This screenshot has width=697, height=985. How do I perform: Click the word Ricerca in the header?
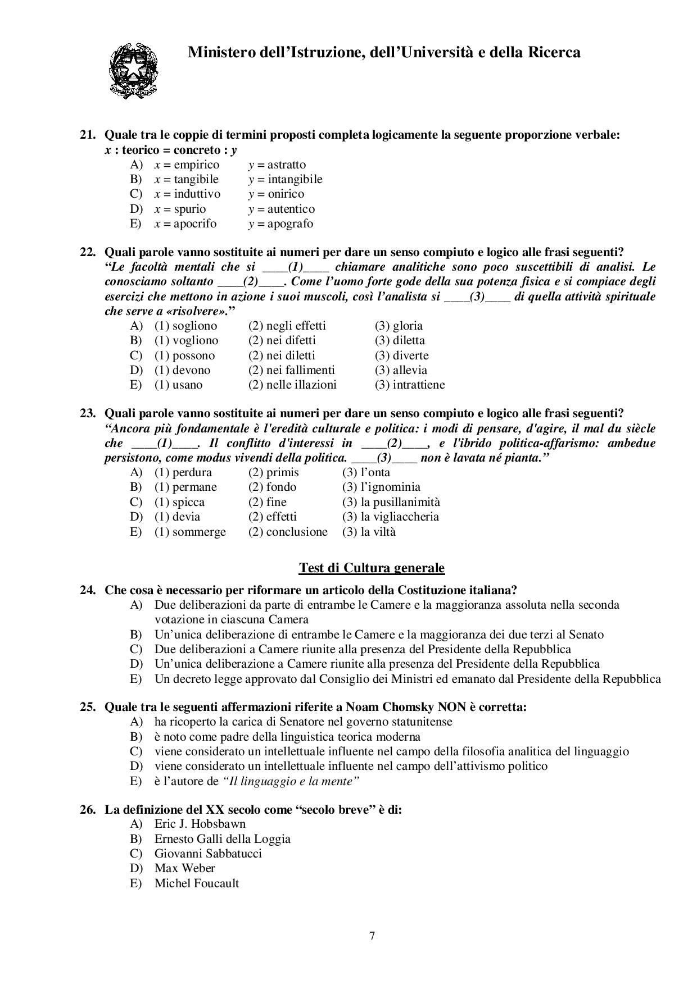point(554,53)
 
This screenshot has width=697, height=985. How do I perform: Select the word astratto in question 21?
point(287,165)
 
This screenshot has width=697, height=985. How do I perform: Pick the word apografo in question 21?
point(290,224)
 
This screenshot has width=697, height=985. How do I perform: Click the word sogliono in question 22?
point(194,326)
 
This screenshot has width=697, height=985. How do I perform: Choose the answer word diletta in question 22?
point(409,341)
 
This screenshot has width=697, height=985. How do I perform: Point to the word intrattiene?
point(419,385)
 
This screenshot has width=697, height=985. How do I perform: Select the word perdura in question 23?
point(192,473)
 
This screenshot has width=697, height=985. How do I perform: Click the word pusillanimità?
point(400,503)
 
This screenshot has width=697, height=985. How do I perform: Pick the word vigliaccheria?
point(400,517)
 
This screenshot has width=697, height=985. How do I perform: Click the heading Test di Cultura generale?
point(372,568)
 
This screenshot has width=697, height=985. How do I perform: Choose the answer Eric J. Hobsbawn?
point(200,824)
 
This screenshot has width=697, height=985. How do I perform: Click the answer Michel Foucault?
point(197,883)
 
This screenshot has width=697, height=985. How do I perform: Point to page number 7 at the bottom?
point(372,936)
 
